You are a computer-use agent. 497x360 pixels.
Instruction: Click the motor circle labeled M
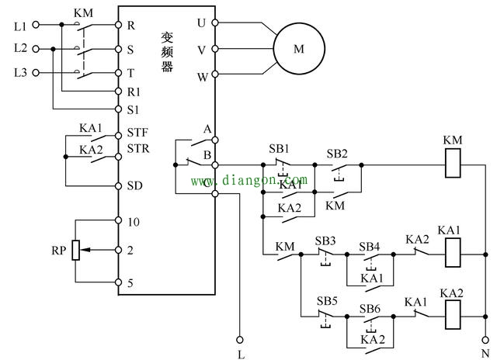point(298,49)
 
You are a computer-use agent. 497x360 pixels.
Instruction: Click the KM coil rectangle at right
point(453,164)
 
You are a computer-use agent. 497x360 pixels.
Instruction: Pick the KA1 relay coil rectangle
point(451,253)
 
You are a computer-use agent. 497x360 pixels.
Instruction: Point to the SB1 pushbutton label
point(277,148)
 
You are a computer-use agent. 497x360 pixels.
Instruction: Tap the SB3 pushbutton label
point(325,241)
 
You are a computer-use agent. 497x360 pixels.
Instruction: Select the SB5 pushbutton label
point(327,300)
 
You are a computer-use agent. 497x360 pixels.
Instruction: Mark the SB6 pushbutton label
point(370,308)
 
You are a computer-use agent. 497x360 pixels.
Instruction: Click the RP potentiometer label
point(57,251)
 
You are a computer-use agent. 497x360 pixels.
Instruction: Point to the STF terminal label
point(137,133)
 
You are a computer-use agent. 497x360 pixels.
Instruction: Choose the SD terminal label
point(134,185)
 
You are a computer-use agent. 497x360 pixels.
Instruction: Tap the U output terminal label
point(202,23)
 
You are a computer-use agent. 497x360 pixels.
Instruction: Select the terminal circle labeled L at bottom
point(239,339)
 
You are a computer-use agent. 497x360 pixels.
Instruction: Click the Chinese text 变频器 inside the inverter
point(167,51)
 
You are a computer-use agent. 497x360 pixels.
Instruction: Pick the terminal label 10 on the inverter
point(133,221)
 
